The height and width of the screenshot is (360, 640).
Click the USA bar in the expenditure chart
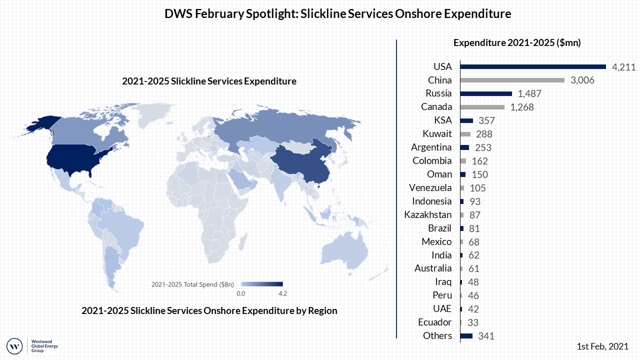pyautogui.click(x=532, y=66)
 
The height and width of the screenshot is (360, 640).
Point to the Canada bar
pyautogui.click(x=482, y=107)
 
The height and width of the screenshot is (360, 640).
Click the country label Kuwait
pyautogui.click(x=437, y=134)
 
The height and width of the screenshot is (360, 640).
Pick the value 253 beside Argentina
pyautogui.click(x=483, y=147)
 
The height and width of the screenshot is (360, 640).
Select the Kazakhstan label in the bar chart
pyautogui.click(x=428, y=215)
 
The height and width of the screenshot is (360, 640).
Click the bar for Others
pyautogui.click(x=466, y=336)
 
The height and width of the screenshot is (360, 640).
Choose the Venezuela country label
pyautogui.click(x=430, y=188)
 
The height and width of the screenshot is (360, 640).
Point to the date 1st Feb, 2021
pyautogui.click(x=602, y=346)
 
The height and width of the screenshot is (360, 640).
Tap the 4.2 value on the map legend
pyautogui.click(x=282, y=293)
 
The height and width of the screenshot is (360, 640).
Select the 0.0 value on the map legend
pyautogui.click(x=240, y=293)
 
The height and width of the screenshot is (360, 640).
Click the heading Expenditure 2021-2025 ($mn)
pyautogui.click(x=517, y=43)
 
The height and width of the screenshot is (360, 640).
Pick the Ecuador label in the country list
pyautogui.click(x=434, y=322)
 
